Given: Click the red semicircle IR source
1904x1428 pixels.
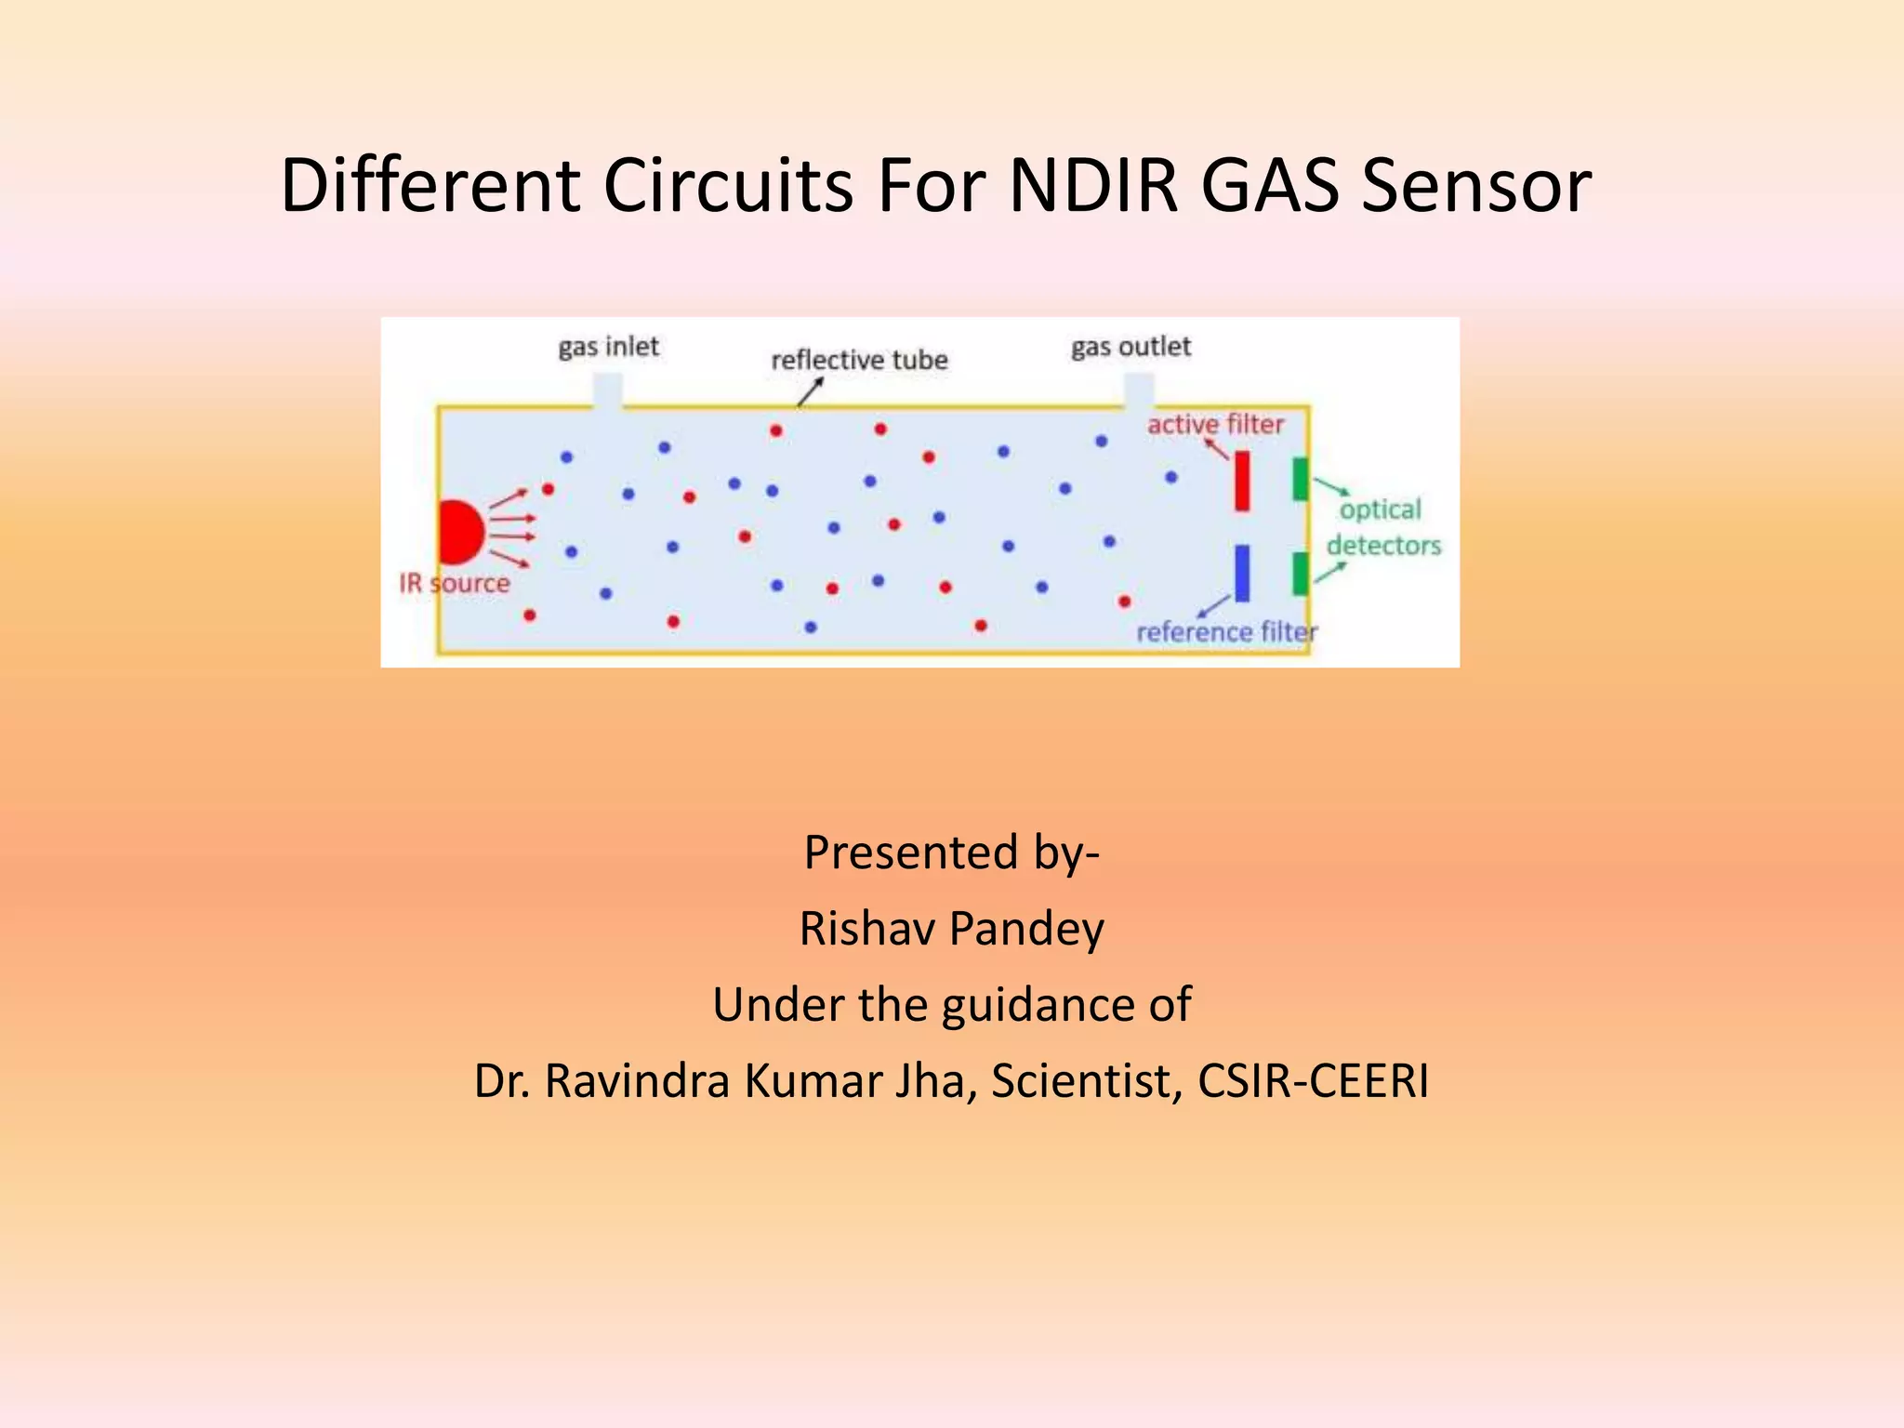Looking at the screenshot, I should [x=458, y=532].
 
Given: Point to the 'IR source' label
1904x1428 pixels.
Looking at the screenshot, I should [x=455, y=584].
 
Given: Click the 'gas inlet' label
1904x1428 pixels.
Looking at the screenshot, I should [x=608, y=347].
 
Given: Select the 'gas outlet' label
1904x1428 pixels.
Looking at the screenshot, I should [x=1130, y=347].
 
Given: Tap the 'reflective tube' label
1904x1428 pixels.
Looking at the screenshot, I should [x=859, y=360].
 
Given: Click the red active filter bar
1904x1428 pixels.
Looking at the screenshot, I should [x=1242, y=481].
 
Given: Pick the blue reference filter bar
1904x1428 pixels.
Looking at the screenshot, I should [x=1242, y=573].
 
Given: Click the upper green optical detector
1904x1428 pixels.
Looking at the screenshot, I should [x=1301, y=479].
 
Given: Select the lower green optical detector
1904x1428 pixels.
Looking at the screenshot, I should [x=1301, y=574].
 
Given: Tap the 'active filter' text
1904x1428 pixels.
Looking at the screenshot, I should [x=1215, y=425].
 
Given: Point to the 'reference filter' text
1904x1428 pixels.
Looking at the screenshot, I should [x=1226, y=632].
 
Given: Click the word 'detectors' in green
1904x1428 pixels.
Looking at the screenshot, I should [x=1383, y=545].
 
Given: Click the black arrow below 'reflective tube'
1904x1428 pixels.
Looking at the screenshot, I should [x=810, y=393].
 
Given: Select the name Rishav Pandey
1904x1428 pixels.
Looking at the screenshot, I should [x=952, y=928].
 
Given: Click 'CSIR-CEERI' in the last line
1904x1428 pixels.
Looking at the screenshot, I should [x=1313, y=1080].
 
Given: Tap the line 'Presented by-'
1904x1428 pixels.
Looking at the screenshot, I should [x=952, y=852].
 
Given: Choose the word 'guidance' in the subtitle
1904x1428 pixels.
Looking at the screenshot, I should [x=1039, y=1005].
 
